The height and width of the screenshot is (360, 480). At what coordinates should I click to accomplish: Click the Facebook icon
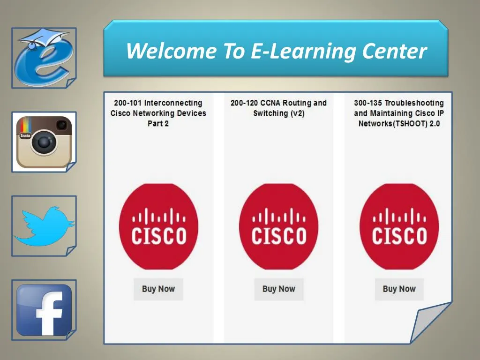click(44, 309)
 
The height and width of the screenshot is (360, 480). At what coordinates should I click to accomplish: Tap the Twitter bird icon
click(44, 226)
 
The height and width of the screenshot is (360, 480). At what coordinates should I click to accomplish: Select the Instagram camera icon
click(44, 142)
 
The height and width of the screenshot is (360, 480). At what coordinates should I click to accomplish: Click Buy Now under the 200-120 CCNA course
click(279, 289)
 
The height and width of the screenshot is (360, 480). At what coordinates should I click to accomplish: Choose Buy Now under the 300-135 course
click(399, 289)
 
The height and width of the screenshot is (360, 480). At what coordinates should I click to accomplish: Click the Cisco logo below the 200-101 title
click(158, 227)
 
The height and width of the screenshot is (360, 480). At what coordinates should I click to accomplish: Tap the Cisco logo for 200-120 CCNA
click(279, 227)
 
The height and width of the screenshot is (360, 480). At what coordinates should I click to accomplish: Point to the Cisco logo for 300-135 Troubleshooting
click(399, 227)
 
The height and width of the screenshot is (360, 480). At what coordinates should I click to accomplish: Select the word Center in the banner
click(394, 51)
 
